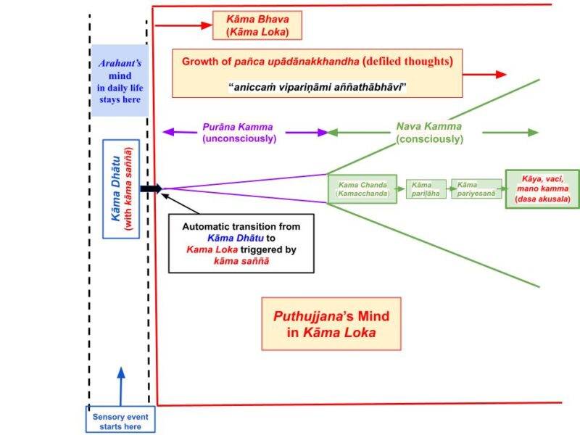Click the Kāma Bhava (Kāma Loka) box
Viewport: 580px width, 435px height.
tap(257, 26)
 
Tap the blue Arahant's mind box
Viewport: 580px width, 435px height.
tap(120, 80)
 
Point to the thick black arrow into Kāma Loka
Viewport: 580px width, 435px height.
tap(151, 188)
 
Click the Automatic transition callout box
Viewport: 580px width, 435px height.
tap(241, 243)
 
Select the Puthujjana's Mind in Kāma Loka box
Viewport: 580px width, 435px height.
tap(331, 324)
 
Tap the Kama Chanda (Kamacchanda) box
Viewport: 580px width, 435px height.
tap(363, 189)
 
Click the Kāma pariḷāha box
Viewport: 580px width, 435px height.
tap(426, 189)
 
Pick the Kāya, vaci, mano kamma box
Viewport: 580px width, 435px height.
tap(537, 188)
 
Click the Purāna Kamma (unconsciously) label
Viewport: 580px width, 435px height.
tap(239, 133)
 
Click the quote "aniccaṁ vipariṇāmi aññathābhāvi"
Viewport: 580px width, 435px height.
tap(318, 88)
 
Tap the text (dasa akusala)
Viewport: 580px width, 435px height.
tap(537, 199)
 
